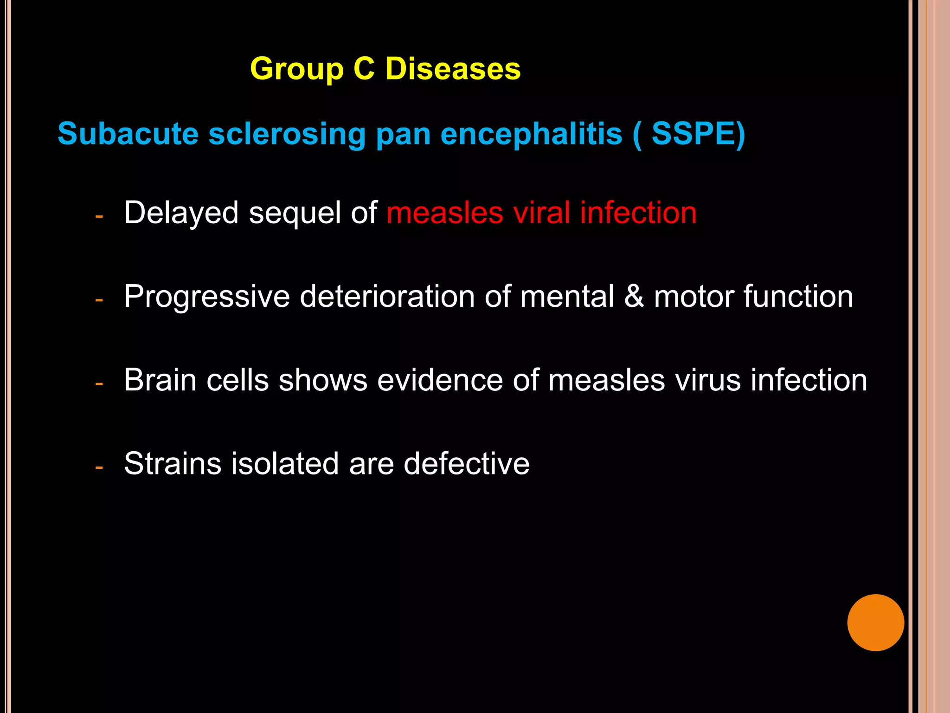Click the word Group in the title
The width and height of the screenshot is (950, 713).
point(297,70)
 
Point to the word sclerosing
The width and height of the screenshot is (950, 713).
point(287,135)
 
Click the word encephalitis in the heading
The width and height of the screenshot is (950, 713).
point(531,135)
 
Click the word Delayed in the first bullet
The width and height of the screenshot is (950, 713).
point(181,214)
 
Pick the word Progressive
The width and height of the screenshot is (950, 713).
point(207,297)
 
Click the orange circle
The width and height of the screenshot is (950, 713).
point(875,622)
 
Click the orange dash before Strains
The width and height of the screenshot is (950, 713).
point(99,467)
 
